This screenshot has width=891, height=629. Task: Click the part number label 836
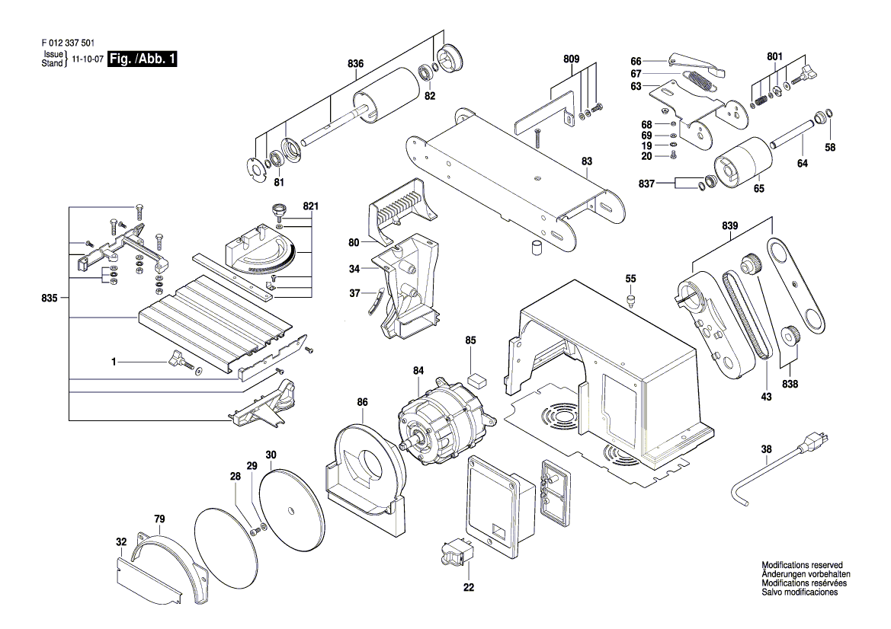pyautogui.click(x=356, y=64)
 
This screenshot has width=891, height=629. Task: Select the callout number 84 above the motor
pyautogui.click(x=418, y=372)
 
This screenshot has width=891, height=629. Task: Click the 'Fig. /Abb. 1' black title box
pyautogui.click(x=143, y=59)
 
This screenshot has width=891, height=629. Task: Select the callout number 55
pyautogui.click(x=630, y=279)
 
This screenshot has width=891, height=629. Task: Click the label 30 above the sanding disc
pyautogui.click(x=271, y=455)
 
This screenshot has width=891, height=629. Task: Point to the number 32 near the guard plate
pyautogui.click(x=121, y=541)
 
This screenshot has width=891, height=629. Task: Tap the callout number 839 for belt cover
pyautogui.click(x=730, y=226)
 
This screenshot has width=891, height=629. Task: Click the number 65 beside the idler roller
pyautogui.click(x=759, y=187)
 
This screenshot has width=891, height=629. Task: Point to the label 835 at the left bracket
pyautogui.click(x=52, y=298)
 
